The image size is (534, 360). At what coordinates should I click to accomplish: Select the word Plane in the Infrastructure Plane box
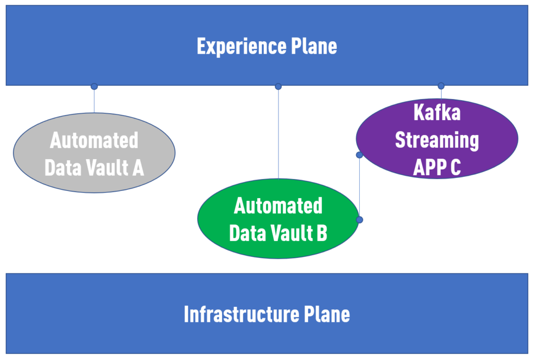click(x=327, y=315)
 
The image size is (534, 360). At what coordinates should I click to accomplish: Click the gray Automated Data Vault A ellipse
click(x=94, y=177)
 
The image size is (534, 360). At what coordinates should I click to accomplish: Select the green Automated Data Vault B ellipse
click(x=278, y=245)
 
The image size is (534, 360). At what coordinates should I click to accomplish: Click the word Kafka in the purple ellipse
click(x=436, y=112)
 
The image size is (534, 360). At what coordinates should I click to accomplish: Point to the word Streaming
click(x=436, y=140)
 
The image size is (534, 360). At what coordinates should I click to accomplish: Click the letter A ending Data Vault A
click(x=138, y=168)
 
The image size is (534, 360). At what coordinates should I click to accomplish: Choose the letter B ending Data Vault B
click(x=322, y=233)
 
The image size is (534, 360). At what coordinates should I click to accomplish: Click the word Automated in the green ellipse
click(x=278, y=206)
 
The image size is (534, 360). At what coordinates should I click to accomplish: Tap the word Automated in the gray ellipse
click(x=94, y=141)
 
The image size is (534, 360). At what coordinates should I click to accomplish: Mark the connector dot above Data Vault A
click(x=94, y=86)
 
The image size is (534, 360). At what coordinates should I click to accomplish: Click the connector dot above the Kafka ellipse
click(x=441, y=86)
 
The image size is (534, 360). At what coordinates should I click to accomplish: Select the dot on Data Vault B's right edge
click(x=359, y=220)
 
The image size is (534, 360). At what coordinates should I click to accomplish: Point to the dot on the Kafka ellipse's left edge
click(x=359, y=155)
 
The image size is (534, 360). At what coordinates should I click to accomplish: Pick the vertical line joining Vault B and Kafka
click(x=359, y=188)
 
